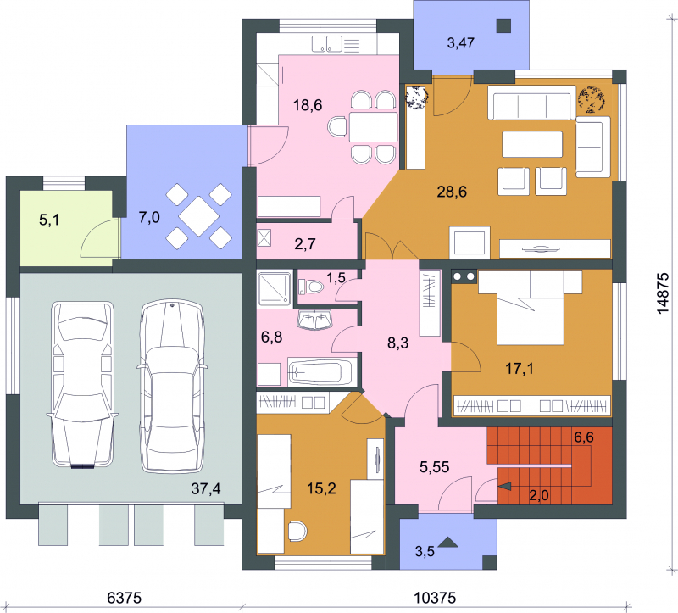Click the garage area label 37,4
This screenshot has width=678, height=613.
point(206,489)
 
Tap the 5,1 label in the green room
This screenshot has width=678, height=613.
point(49,220)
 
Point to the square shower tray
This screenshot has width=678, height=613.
point(275,289)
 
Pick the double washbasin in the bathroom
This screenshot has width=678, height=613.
point(314,320)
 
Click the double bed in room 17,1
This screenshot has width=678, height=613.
point(531,308)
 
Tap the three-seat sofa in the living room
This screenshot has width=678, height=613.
point(532,102)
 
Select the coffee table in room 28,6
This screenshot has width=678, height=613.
point(532,144)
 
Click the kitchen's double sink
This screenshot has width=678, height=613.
point(327,44)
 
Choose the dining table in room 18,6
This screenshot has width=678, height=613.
point(374,127)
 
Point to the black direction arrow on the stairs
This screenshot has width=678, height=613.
point(505,487)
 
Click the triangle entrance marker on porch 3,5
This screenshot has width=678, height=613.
point(448,542)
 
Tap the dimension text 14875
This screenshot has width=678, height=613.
point(663,293)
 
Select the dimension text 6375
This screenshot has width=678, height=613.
point(124,598)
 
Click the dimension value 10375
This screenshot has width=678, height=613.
point(435,598)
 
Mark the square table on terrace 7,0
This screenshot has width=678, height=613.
point(199,216)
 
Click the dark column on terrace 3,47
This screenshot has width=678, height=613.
point(503,26)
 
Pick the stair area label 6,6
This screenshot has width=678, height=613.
point(584,437)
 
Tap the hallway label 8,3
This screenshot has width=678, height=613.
point(397,343)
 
